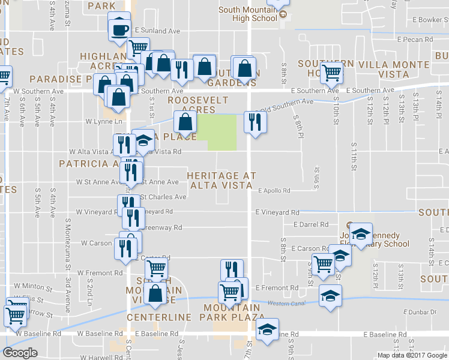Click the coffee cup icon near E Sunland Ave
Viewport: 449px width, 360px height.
[x=119, y=29]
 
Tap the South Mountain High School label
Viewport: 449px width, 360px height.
[x=248, y=14]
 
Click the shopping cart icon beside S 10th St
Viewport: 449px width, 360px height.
[x=331, y=73]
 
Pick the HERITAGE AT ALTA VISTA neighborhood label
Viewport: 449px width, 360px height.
[x=221, y=180]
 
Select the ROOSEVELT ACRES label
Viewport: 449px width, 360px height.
[x=191, y=104]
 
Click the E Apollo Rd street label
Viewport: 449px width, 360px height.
[x=274, y=191]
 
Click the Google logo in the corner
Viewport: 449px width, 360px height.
[x=20, y=353]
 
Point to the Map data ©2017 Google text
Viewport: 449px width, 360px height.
[x=412, y=355]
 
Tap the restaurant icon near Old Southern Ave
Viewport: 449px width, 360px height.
[x=255, y=122]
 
